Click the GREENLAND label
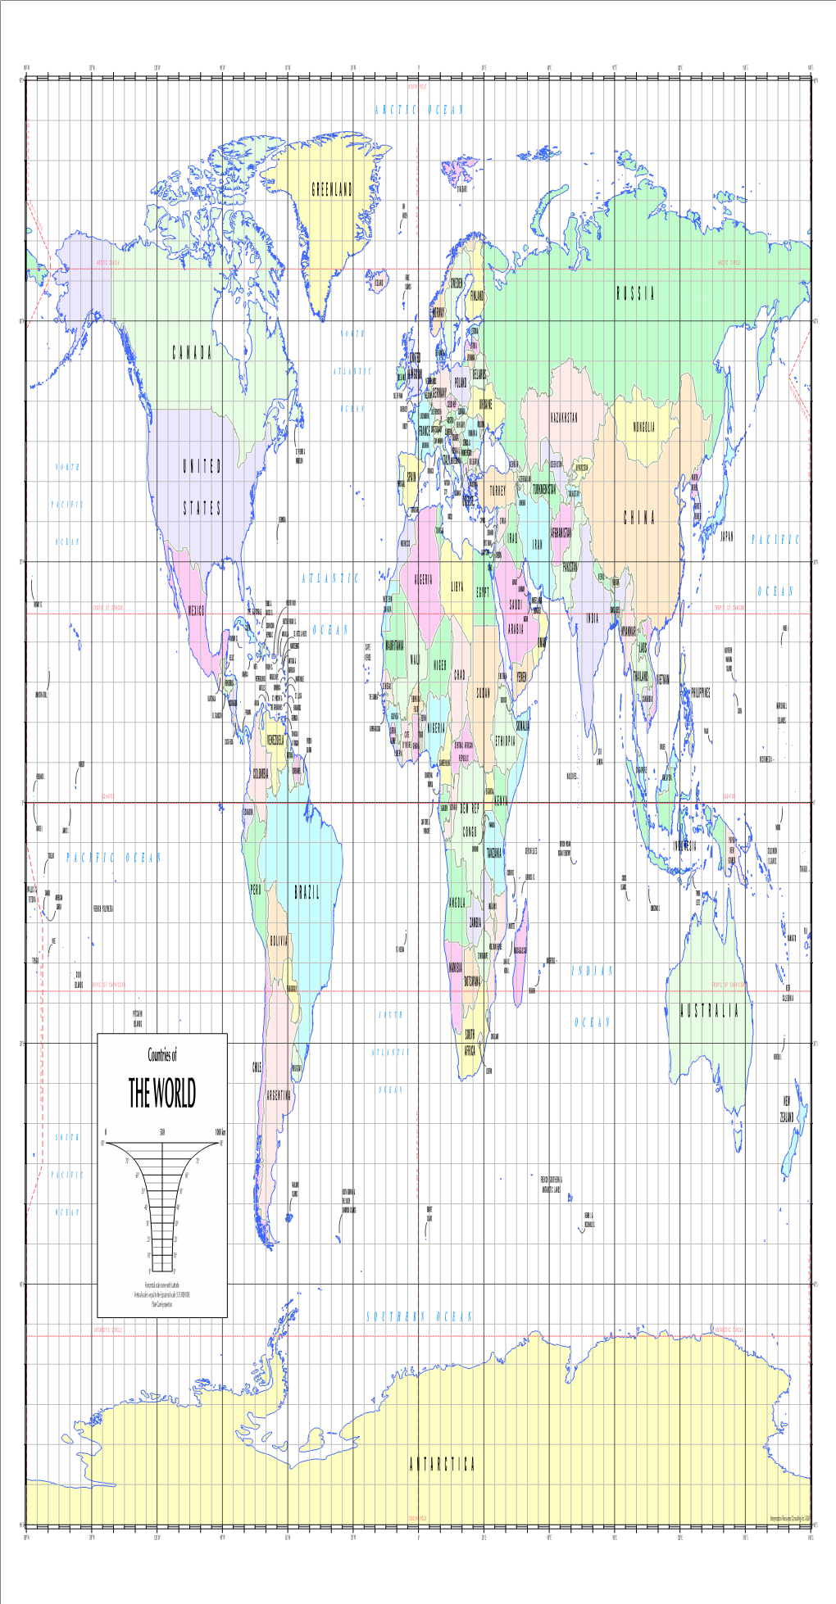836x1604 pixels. (332, 191)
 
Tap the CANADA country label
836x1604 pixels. (192, 353)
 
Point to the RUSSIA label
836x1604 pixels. (635, 295)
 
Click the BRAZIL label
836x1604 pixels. (307, 893)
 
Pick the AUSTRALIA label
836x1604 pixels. (709, 1011)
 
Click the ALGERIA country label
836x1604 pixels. (423, 579)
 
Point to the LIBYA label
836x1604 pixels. (457, 587)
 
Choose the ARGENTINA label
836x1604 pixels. (279, 1095)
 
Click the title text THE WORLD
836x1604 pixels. (162, 1093)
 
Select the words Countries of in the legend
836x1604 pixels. (162, 1055)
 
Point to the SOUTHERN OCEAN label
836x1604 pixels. (419, 1316)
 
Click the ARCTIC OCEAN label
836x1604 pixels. (419, 110)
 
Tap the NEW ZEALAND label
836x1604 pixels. (786, 1108)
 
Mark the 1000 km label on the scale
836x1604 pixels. (220, 1131)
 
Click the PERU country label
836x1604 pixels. (256, 890)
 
